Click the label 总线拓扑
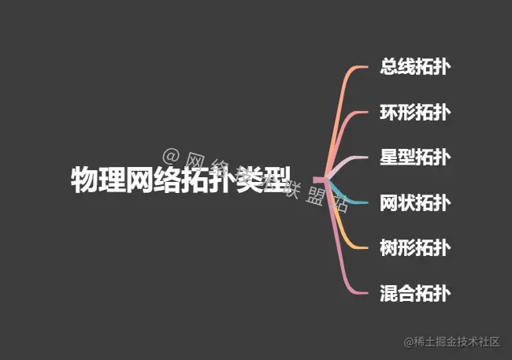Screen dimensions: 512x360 point(415,66)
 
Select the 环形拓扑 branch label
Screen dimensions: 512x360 point(415,112)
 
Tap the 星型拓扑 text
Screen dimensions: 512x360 point(415,157)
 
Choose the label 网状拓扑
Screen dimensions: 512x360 point(415,202)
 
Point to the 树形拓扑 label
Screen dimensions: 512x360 point(415,248)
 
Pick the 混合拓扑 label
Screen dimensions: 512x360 point(415,294)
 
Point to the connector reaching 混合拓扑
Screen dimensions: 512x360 point(342,260)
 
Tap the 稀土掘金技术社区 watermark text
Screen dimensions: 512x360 point(458,342)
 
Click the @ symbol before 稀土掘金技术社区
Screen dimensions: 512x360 point(409,342)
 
